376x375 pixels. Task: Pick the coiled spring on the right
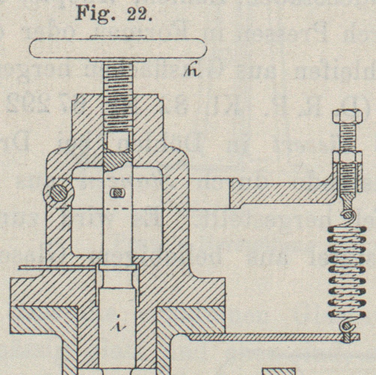pyautogui.click(x=347, y=272)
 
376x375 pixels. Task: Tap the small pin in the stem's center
pyautogui.click(x=117, y=193)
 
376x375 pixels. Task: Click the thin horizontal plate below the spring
pyautogui.click(x=270, y=337)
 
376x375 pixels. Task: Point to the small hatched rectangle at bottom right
pyautogui.click(x=278, y=371)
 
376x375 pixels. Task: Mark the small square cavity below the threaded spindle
pyautogui.click(x=117, y=140)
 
